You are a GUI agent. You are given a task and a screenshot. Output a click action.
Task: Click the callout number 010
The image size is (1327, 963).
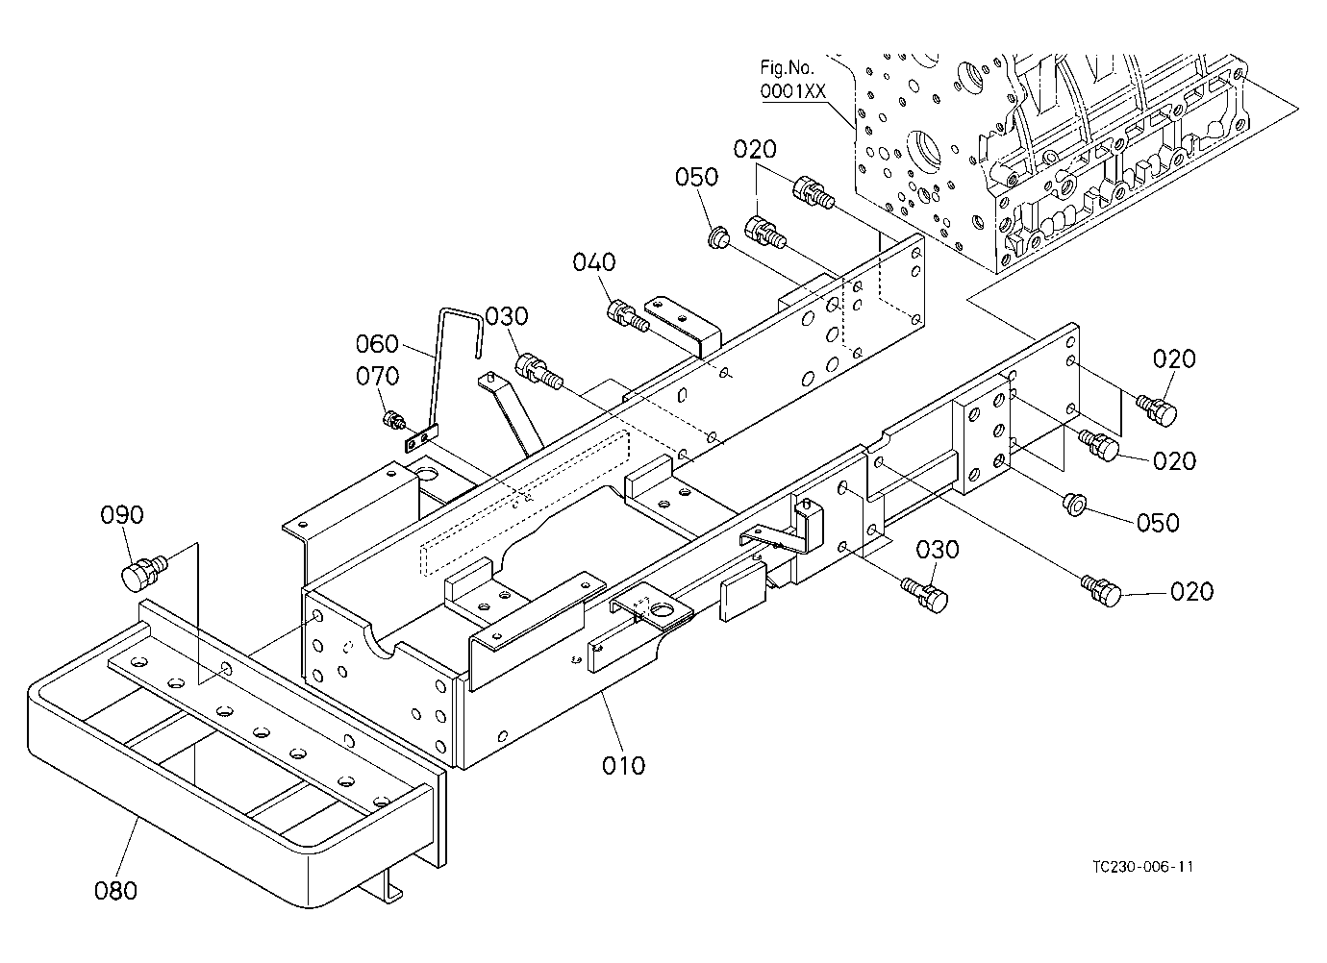pos(623,766)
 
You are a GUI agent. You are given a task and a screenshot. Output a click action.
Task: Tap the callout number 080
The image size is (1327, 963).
pos(115,890)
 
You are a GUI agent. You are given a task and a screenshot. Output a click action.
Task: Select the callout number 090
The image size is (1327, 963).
pos(122,515)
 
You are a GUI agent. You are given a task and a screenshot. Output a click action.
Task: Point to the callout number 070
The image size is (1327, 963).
pos(377,376)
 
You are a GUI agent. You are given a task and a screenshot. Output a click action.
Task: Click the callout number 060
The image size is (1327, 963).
pos(377,343)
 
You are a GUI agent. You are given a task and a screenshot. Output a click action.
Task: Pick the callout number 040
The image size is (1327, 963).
pos(594,261)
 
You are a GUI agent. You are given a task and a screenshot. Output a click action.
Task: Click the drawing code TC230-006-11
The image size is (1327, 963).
pos(1143,867)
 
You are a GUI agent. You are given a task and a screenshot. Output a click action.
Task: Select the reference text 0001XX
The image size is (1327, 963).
pos(792,91)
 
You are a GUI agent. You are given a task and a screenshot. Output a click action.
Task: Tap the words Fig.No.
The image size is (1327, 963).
pos(788,67)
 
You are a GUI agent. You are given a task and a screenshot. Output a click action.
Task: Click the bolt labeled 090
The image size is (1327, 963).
pos(144,571)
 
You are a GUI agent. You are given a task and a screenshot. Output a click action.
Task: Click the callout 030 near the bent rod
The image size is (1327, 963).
pos(507,316)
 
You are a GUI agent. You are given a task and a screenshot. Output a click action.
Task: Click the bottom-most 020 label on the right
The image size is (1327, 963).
pos(1191,591)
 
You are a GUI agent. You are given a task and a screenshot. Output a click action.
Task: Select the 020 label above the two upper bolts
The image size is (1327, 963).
pos(755,149)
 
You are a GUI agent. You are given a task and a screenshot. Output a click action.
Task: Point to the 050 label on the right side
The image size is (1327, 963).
pos(1158,523)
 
